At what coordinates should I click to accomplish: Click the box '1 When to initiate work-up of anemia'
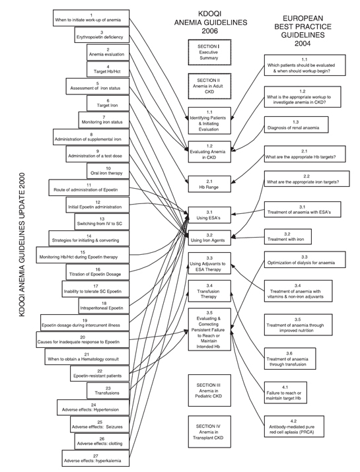coord(91,18)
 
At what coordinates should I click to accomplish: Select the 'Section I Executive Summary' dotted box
coord(209,52)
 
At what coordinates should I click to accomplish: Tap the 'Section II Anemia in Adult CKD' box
coord(209,86)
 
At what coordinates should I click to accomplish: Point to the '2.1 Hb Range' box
coord(209,184)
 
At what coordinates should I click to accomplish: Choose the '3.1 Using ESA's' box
coord(209,215)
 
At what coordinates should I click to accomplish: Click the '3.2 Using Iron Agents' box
coord(209,238)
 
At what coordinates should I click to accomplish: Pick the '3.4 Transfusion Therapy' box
coord(209,290)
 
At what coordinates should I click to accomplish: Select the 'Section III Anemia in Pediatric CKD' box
coord(209,390)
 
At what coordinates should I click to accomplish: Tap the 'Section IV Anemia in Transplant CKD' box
coord(209,432)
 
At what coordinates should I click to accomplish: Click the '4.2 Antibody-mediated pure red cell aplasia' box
coord(294,426)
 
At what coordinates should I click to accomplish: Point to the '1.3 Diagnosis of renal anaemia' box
coord(296,125)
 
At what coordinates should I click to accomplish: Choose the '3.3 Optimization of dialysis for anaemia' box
coord(305,259)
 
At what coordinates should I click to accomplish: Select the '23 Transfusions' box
coord(108,390)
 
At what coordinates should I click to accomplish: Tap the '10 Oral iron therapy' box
coord(108,171)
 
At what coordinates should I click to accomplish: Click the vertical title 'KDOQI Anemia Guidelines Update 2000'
coord(22,244)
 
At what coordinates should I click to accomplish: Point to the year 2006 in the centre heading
coord(209,31)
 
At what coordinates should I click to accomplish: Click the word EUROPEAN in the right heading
coord(303,18)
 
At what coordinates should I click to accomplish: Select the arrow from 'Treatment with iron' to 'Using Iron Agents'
coord(248,238)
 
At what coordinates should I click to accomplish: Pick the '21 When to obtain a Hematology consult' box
coord(87,356)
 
